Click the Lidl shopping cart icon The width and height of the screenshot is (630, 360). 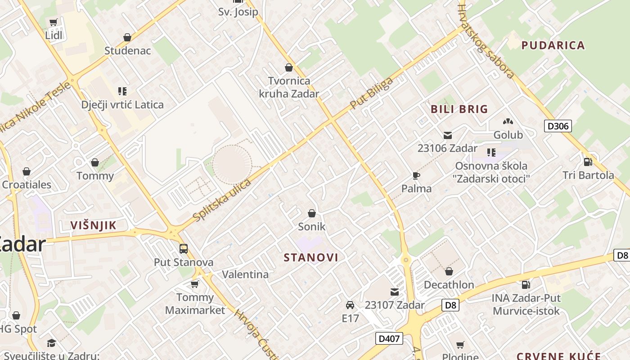click(54, 22)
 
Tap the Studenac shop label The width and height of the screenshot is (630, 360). click(127, 50)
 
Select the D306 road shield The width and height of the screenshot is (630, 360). click(558, 126)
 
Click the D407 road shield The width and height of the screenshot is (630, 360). click(389, 338)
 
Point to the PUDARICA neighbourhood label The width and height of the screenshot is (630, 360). click(553, 45)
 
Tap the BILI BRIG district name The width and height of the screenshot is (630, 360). click(459, 109)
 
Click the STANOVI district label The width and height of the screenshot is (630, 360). click(311, 257)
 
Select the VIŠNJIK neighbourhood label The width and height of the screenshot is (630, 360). click(94, 225)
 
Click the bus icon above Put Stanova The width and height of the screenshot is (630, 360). click(183, 249)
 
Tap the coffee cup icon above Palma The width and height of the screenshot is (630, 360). click(416, 175)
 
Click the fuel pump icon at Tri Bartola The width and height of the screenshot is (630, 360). click(588, 162)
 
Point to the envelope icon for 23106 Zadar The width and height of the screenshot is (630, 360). click(447, 135)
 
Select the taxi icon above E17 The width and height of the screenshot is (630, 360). click(350, 305)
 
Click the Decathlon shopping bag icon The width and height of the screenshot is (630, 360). click(449, 271)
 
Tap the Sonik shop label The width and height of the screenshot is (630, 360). click(311, 226)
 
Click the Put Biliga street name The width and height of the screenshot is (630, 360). click(371, 93)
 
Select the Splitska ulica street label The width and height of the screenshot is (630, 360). click(222, 200)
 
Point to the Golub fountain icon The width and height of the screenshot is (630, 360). click(508, 121)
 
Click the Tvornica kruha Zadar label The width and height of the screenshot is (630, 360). click(288, 87)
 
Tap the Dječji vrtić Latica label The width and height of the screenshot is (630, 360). click(122, 105)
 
